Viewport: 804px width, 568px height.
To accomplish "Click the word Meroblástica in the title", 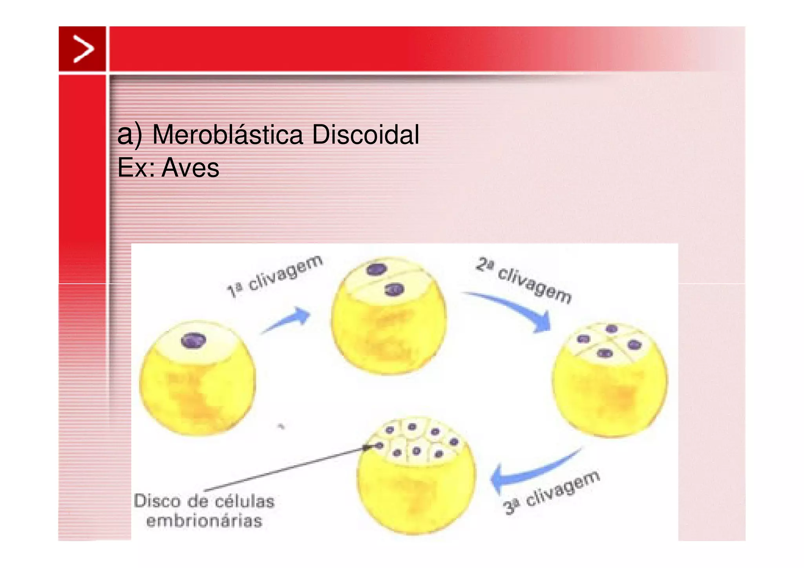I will [227, 135].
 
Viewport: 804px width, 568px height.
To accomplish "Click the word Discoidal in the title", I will [365, 135].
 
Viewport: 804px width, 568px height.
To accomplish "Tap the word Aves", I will [190, 168].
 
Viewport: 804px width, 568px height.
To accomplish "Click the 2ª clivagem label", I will [524, 280].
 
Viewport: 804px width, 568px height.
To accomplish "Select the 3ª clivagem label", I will [552, 492].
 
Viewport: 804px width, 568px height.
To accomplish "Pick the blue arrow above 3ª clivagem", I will [530, 471].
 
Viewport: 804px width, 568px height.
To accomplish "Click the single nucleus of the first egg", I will [194, 340].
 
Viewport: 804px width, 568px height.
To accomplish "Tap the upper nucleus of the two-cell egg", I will [376, 269].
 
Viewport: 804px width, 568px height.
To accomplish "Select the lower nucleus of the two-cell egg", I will [394, 290].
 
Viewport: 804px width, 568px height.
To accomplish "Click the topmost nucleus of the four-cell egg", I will [612, 329].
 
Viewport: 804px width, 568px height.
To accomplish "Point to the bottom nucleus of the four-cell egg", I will [605, 353].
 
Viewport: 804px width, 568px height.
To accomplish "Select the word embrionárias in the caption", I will [204, 521].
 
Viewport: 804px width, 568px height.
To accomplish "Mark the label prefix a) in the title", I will [130, 135].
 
